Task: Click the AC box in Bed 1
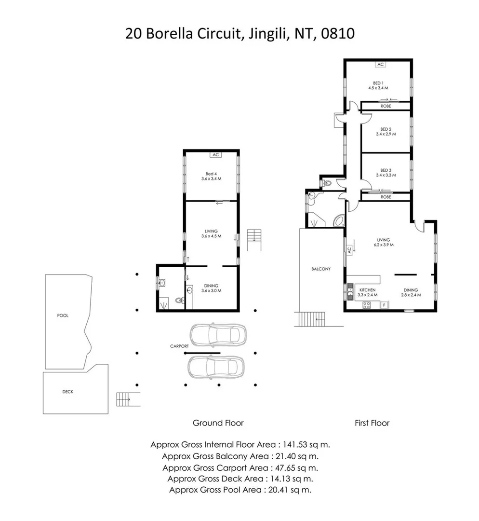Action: click(x=380, y=64)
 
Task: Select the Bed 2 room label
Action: click(x=385, y=129)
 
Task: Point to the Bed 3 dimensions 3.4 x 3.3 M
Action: click(x=386, y=176)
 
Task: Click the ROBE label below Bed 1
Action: click(x=386, y=106)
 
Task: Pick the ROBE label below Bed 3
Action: click(x=386, y=197)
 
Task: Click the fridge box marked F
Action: click(x=384, y=305)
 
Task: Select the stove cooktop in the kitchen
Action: click(x=366, y=305)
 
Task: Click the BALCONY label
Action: click(x=320, y=269)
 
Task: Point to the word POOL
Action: click(x=63, y=315)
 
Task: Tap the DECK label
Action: click(x=68, y=392)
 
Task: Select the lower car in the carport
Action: click(x=215, y=368)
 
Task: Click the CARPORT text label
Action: click(x=178, y=346)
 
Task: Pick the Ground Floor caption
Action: click(x=218, y=423)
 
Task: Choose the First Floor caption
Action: click(x=372, y=423)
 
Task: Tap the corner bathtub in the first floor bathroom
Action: click(x=339, y=221)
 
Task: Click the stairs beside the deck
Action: click(x=124, y=399)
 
